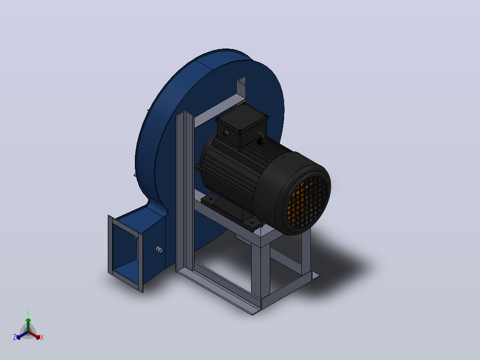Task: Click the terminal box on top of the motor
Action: (242, 124)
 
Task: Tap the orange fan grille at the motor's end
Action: (307, 202)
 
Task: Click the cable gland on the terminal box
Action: (226, 133)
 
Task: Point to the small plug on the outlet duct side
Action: (159, 250)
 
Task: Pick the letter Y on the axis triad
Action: (28, 314)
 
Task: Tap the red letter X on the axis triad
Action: (42, 337)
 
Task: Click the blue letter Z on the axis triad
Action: (15, 337)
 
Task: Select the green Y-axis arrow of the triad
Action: (28, 325)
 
